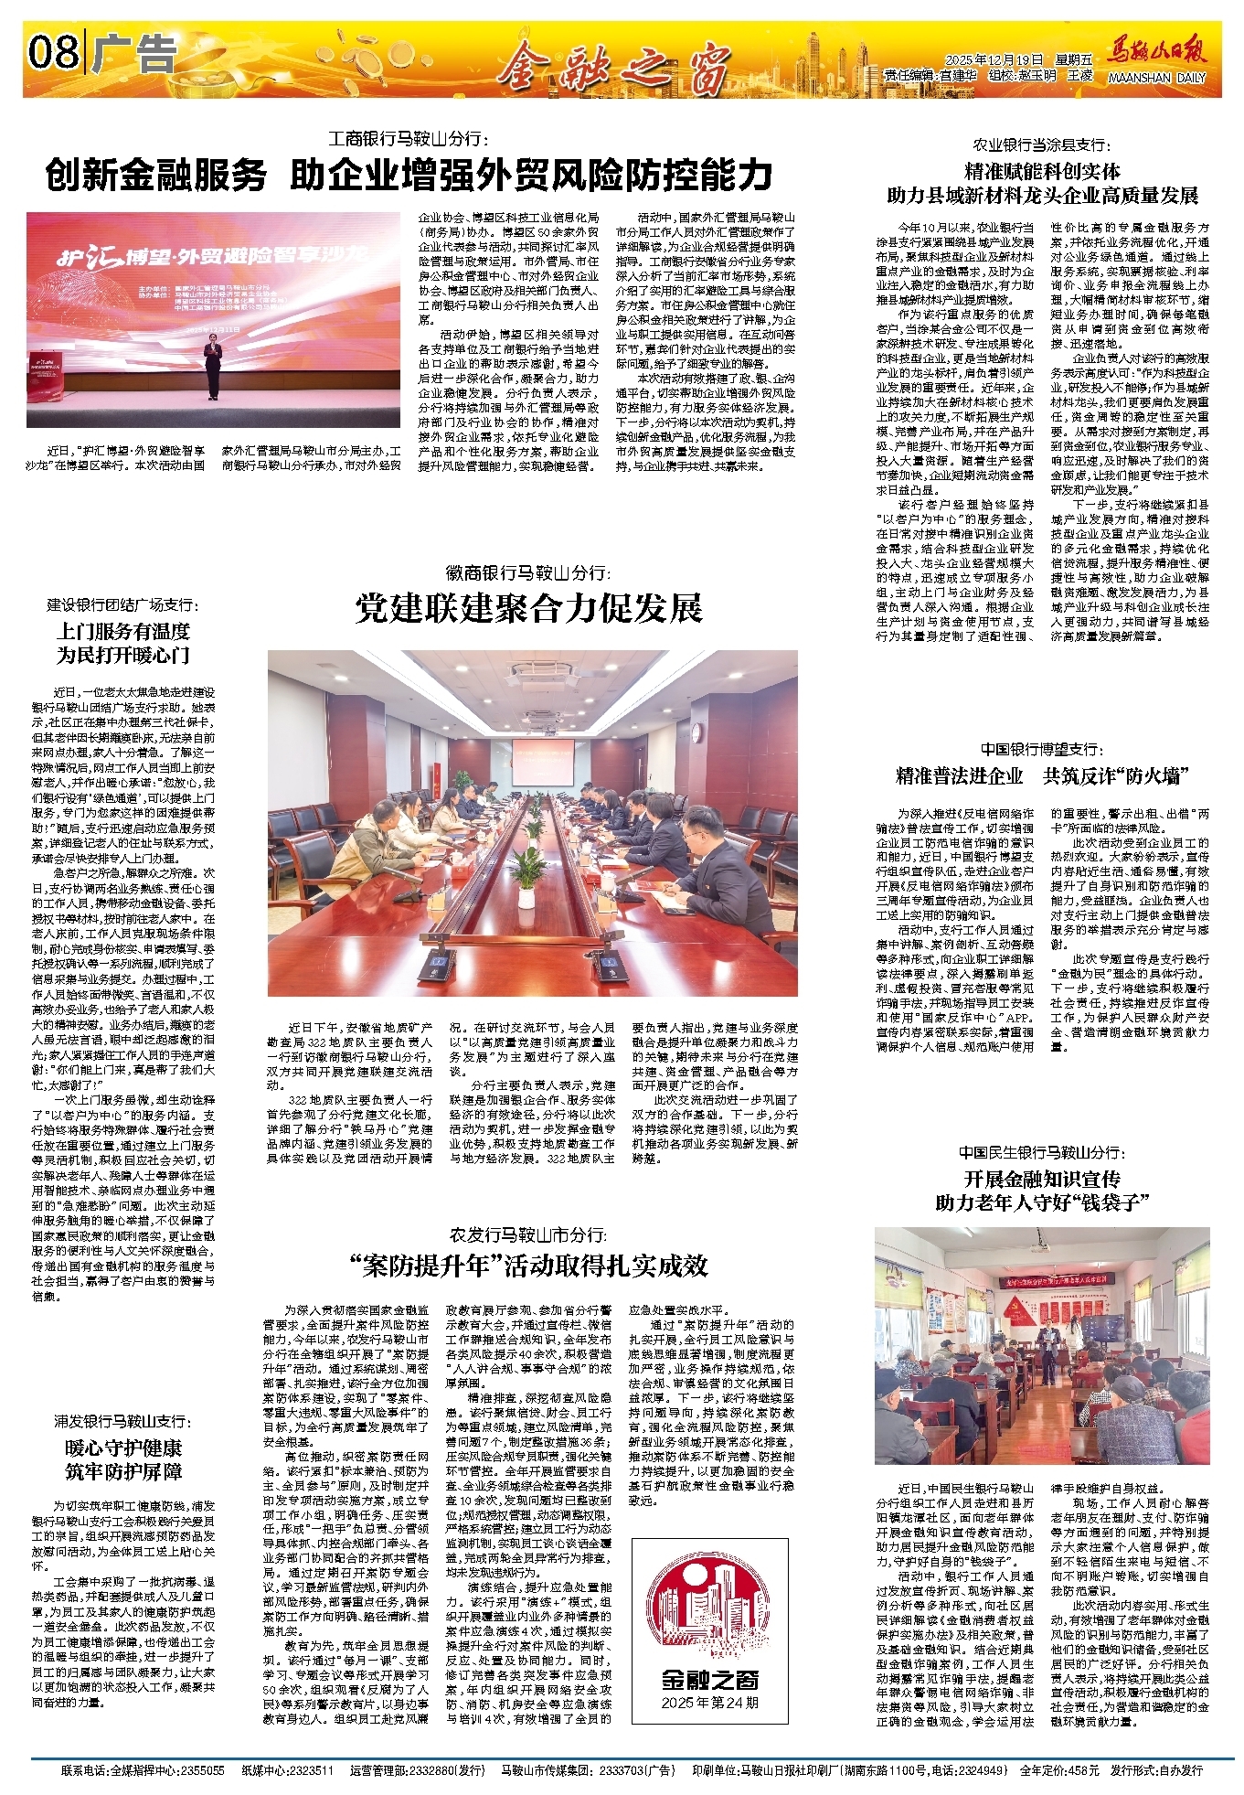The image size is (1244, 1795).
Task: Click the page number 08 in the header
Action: pyautogui.click(x=53, y=52)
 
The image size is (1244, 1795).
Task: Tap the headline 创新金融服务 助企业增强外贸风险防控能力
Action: pyautogui.click(x=409, y=175)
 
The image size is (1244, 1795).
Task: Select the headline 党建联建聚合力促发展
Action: pyautogui.click(x=529, y=608)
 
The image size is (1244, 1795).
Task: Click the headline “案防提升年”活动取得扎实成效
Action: pyautogui.click(x=528, y=1266)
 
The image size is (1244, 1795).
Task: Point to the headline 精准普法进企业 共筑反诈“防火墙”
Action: pyautogui.click(x=1042, y=776)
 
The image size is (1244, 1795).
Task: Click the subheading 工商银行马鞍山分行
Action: pyautogui.click(x=409, y=140)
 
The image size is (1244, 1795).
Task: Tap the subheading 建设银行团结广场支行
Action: pyautogui.click(x=122, y=605)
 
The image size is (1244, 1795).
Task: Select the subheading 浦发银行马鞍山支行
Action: pyautogui.click(x=122, y=1421)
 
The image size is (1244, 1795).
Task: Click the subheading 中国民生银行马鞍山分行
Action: pyautogui.click(x=1042, y=1153)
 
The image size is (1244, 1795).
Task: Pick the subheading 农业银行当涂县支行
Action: pyautogui.click(x=1042, y=145)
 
